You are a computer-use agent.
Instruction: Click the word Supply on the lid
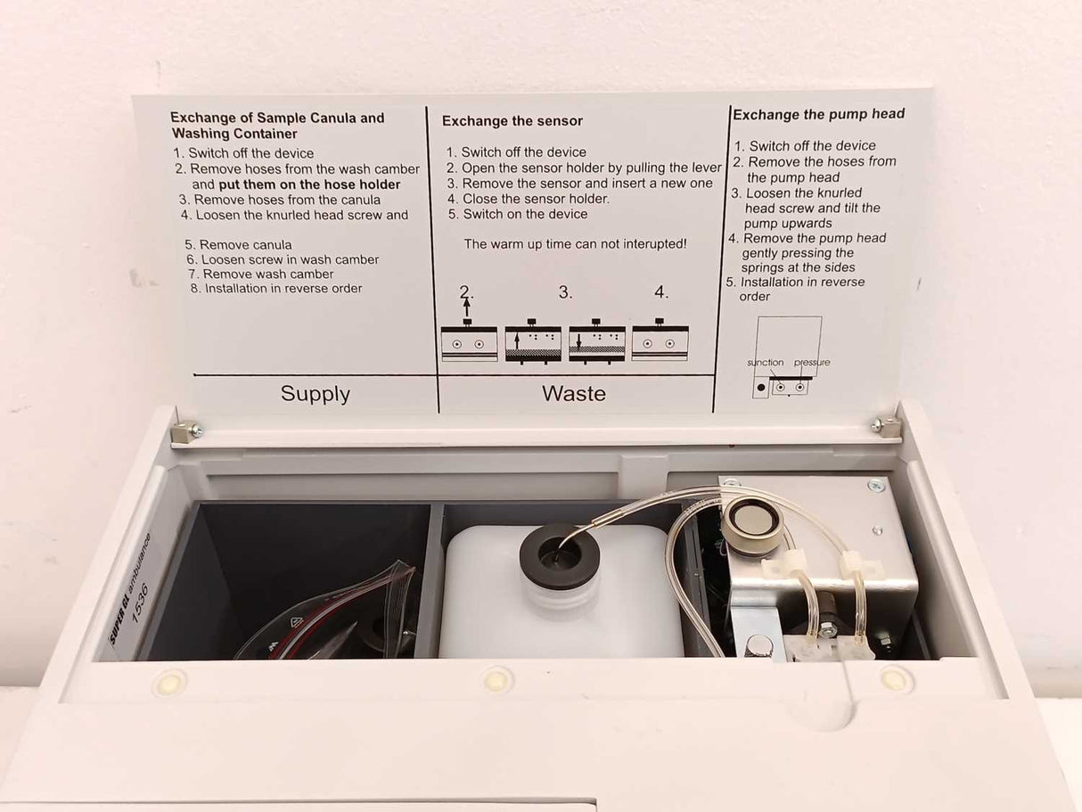(x=315, y=394)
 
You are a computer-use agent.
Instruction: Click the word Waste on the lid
(x=573, y=393)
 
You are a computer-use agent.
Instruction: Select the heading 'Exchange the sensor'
(x=512, y=121)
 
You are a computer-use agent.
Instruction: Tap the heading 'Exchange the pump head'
(x=818, y=114)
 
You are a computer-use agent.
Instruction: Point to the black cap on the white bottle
(x=560, y=555)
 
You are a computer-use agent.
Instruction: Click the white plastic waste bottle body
(x=499, y=606)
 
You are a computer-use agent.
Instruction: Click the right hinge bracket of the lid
(x=886, y=426)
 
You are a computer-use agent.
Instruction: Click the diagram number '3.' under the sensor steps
(x=565, y=292)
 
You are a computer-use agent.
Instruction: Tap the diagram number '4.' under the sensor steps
(x=660, y=291)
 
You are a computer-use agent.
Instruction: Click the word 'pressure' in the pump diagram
(x=812, y=363)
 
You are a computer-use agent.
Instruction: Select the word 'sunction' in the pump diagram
(x=765, y=363)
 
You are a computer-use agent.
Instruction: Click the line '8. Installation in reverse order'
(x=276, y=289)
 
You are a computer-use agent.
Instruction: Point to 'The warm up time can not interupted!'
(x=575, y=243)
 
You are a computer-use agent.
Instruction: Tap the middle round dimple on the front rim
(x=496, y=680)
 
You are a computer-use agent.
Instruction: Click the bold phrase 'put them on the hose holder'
(x=309, y=185)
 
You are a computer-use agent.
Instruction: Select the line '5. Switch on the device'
(x=517, y=214)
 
